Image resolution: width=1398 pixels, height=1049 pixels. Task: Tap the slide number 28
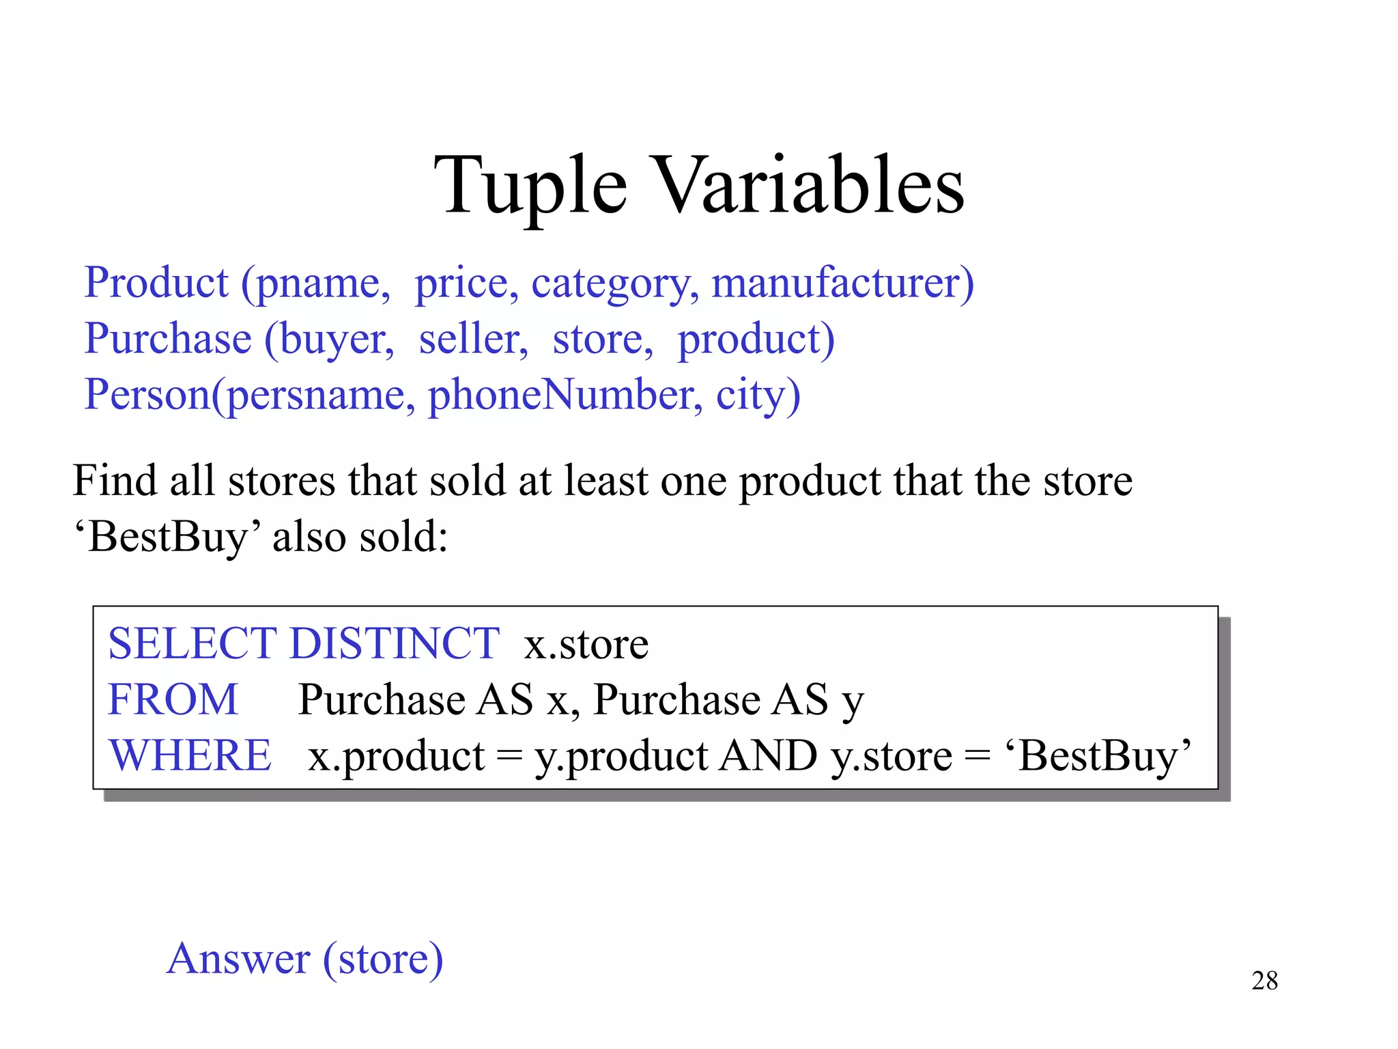pyautogui.click(x=1264, y=981)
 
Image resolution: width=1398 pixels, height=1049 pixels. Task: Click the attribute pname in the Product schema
pyautogui.click(x=316, y=283)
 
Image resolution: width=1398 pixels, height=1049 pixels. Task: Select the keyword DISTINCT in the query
pyautogui.click(x=395, y=643)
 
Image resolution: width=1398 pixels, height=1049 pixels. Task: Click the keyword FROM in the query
pyautogui.click(x=173, y=699)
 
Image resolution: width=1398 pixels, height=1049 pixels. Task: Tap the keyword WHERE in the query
pyautogui.click(x=190, y=755)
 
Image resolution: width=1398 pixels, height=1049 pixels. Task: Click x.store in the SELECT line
pyautogui.click(x=586, y=644)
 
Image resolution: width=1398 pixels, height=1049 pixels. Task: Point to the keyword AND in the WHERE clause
pyautogui.click(x=769, y=755)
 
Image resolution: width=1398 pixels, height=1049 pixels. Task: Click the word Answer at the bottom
pyautogui.click(x=239, y=958)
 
